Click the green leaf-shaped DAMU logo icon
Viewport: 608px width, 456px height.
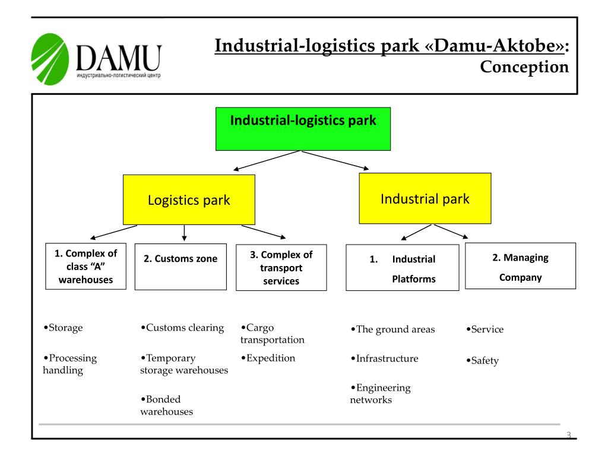point(50,59)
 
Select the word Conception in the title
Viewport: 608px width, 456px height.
point(524,66)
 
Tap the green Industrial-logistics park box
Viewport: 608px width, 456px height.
point(303,129)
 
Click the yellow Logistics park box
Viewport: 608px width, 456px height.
point(189,199)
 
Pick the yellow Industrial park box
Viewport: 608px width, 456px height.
point(425,198)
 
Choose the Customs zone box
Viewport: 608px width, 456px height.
point(180,267)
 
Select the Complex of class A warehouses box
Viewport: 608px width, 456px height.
point(85,267)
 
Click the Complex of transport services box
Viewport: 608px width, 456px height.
point(281,268)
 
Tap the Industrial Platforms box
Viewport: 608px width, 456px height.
point(403,268)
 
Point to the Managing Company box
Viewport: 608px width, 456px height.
point(520,266)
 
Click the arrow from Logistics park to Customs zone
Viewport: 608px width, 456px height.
point(184,233)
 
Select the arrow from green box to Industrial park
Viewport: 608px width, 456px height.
point(335,160)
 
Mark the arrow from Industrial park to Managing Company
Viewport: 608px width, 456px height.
point(451,231)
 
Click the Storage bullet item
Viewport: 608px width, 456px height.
point(63,328)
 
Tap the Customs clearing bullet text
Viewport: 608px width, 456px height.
point(182,328)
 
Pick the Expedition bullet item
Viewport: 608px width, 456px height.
point(268,358)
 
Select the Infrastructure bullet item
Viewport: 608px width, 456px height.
point(384,358)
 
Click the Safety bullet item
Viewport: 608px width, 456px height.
point(482,360)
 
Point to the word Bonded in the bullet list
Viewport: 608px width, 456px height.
point(163,400)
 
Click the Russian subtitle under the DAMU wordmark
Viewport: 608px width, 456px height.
point(119,75)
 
